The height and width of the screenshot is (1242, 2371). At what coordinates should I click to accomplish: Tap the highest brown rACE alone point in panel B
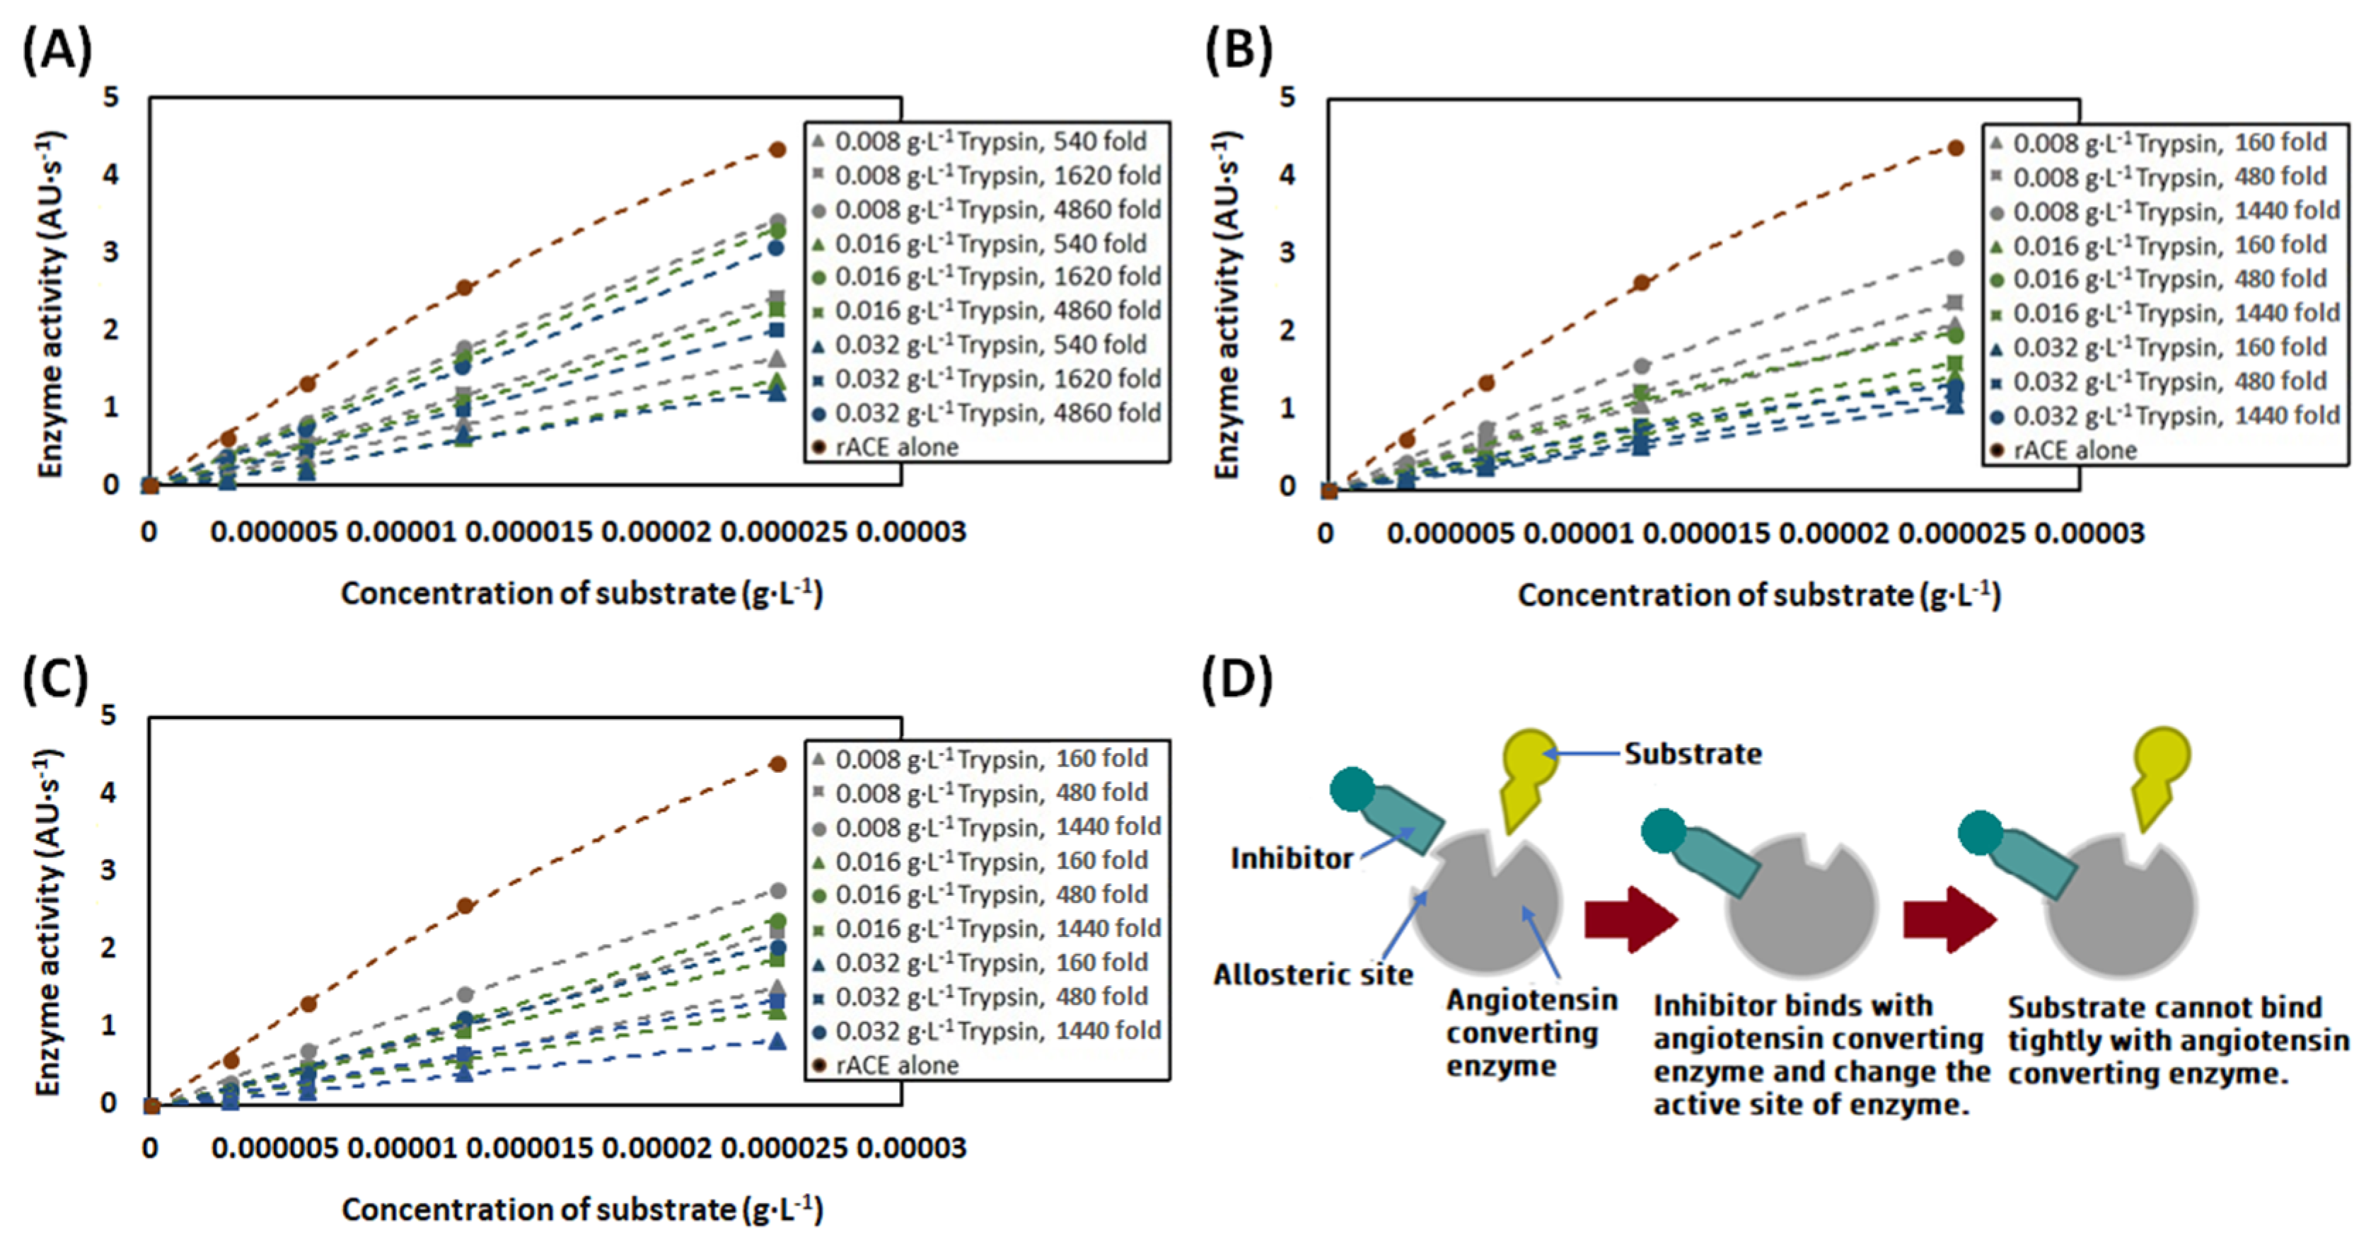[x=1956, y=148]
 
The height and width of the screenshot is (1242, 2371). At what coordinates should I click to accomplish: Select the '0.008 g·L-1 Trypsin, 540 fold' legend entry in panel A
[x=990, y=142]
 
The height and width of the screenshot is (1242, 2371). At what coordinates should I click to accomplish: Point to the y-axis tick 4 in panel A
[x=111, y=175]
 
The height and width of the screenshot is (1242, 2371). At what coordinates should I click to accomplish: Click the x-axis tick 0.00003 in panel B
[x=2089, y=533]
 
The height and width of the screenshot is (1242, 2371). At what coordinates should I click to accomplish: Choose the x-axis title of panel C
[x=581, y=1209]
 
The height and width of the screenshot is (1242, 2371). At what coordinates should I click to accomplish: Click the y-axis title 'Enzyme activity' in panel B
[x=1228, y=304]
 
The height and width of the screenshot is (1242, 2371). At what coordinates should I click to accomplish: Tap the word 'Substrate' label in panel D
[x=1693, y=754]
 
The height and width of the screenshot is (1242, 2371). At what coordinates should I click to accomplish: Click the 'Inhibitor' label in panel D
[x=1292, y=858]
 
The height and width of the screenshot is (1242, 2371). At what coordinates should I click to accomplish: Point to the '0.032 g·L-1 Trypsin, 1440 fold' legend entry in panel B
[x=2175, y=416]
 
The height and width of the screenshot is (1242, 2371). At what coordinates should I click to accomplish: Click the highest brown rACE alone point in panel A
[x=778, y=149]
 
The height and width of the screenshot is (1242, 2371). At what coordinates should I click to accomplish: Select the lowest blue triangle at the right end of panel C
[x=778, y=1041]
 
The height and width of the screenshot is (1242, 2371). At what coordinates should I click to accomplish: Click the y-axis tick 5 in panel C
[x=109, y=715]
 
